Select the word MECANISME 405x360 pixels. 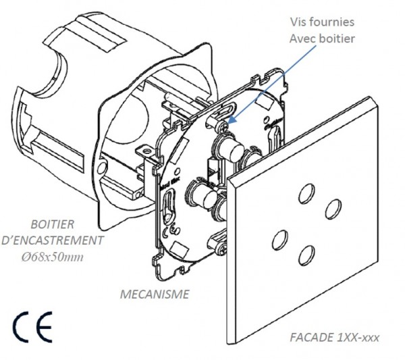tap(155, 294)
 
